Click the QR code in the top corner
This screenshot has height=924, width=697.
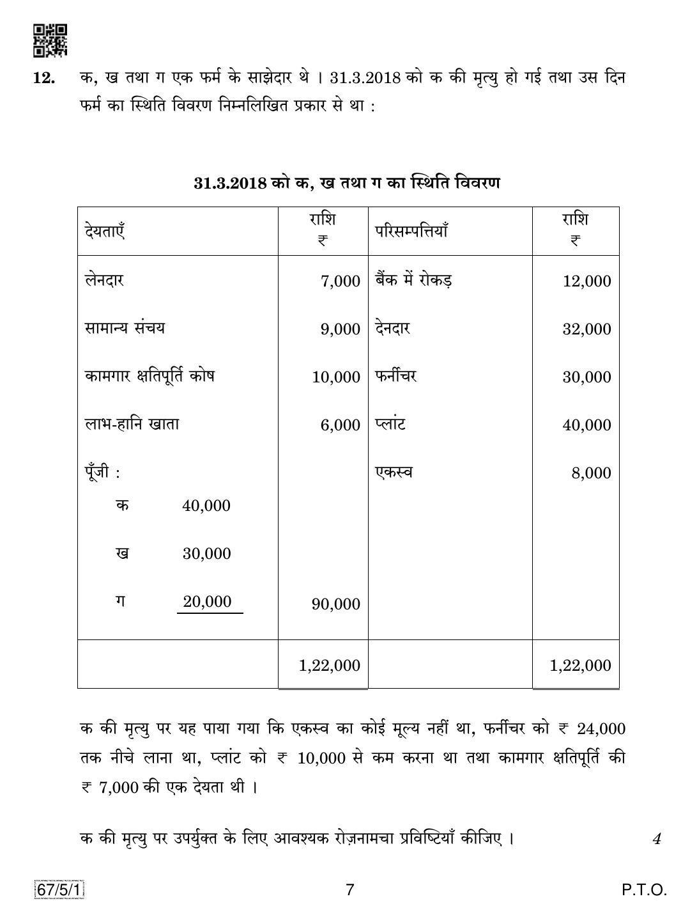(50, 40)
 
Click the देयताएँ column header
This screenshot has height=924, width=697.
(104, 230)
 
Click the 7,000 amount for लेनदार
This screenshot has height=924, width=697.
(341, 281)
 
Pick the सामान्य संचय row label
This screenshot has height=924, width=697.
(125, 328)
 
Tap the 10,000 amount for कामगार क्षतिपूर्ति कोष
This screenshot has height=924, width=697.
(336, 377)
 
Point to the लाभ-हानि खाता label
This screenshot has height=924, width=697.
(132, 424)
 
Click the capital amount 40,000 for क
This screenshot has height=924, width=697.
(206, 506)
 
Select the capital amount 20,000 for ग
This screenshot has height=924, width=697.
(207, 602)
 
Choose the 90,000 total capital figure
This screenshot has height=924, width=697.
(336, 604)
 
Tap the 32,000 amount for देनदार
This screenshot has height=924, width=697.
(586, 329)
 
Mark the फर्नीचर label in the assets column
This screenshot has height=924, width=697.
(396, 376)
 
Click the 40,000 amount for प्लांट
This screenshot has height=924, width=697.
(586, 425)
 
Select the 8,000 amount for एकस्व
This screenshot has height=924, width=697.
(592, 473)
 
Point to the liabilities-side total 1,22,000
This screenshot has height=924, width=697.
(330, 666)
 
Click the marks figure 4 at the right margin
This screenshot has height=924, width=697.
(656, 839)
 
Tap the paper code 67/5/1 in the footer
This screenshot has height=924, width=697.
(61, 890)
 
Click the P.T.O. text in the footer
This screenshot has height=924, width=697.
(643, 890)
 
